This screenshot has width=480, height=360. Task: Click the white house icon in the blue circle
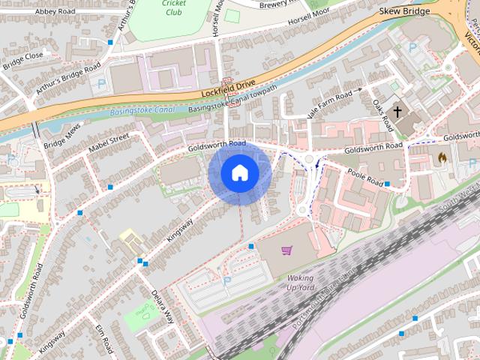coord(240,173)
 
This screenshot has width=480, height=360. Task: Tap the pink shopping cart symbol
coord(286,250)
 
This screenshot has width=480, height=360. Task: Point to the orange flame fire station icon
coord(442,159)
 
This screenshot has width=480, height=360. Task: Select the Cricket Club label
coord(173,7)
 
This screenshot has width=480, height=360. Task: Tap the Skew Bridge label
coord(405,11)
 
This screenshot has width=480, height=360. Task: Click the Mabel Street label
coord(109,142)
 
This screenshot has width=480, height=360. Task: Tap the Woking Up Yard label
coord(301,283)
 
